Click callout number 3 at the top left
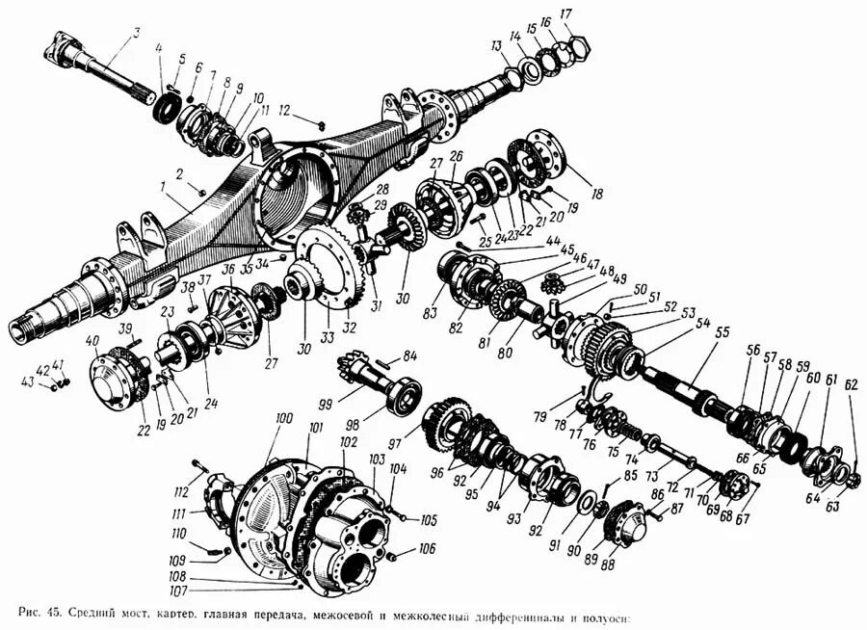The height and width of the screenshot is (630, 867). point(137,35)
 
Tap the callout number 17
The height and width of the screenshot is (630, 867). point(592,13)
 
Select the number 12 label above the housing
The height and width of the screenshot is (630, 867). point(284,111)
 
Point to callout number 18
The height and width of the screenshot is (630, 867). point(597,195)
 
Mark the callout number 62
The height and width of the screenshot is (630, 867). point(851,384)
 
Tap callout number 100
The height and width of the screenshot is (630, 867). point(282,418)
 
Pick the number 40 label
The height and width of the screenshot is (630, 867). point(92,340)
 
